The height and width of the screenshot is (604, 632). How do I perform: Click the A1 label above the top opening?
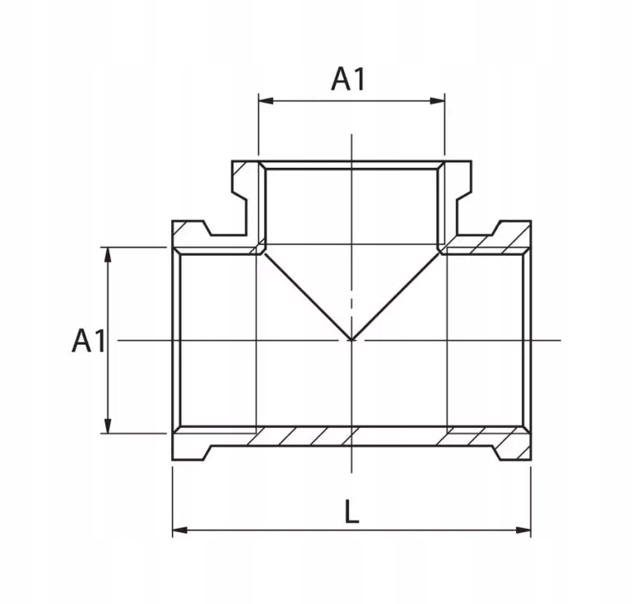click(x=348, y=79)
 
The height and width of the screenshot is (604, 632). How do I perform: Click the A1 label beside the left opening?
click(x=89, y=340)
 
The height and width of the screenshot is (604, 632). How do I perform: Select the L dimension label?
click(x=351, y=513)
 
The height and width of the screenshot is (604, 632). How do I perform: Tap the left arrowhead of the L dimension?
click(x=179, y=530)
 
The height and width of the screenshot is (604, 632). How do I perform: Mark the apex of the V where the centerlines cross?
click(x=351, y=339)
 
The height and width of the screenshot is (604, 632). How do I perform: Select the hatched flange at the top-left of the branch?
click(x=245, y=176)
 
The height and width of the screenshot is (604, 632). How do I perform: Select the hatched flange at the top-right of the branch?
click(x=458, y=176)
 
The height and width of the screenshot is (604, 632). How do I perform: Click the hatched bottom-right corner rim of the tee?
click(x=512, y=444)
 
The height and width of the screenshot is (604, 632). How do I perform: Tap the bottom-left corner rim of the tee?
click(x=191, y=444)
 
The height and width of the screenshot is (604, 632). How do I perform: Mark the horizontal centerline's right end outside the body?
click(x=556, y=340)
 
